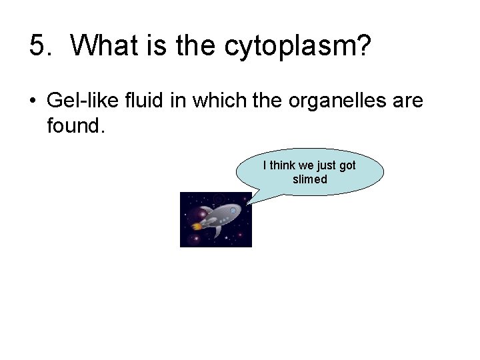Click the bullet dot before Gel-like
(33, 101)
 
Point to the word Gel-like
(79, 101)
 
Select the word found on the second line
(76, 125)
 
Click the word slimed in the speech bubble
(310, 179)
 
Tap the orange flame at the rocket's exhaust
(196, 227)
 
